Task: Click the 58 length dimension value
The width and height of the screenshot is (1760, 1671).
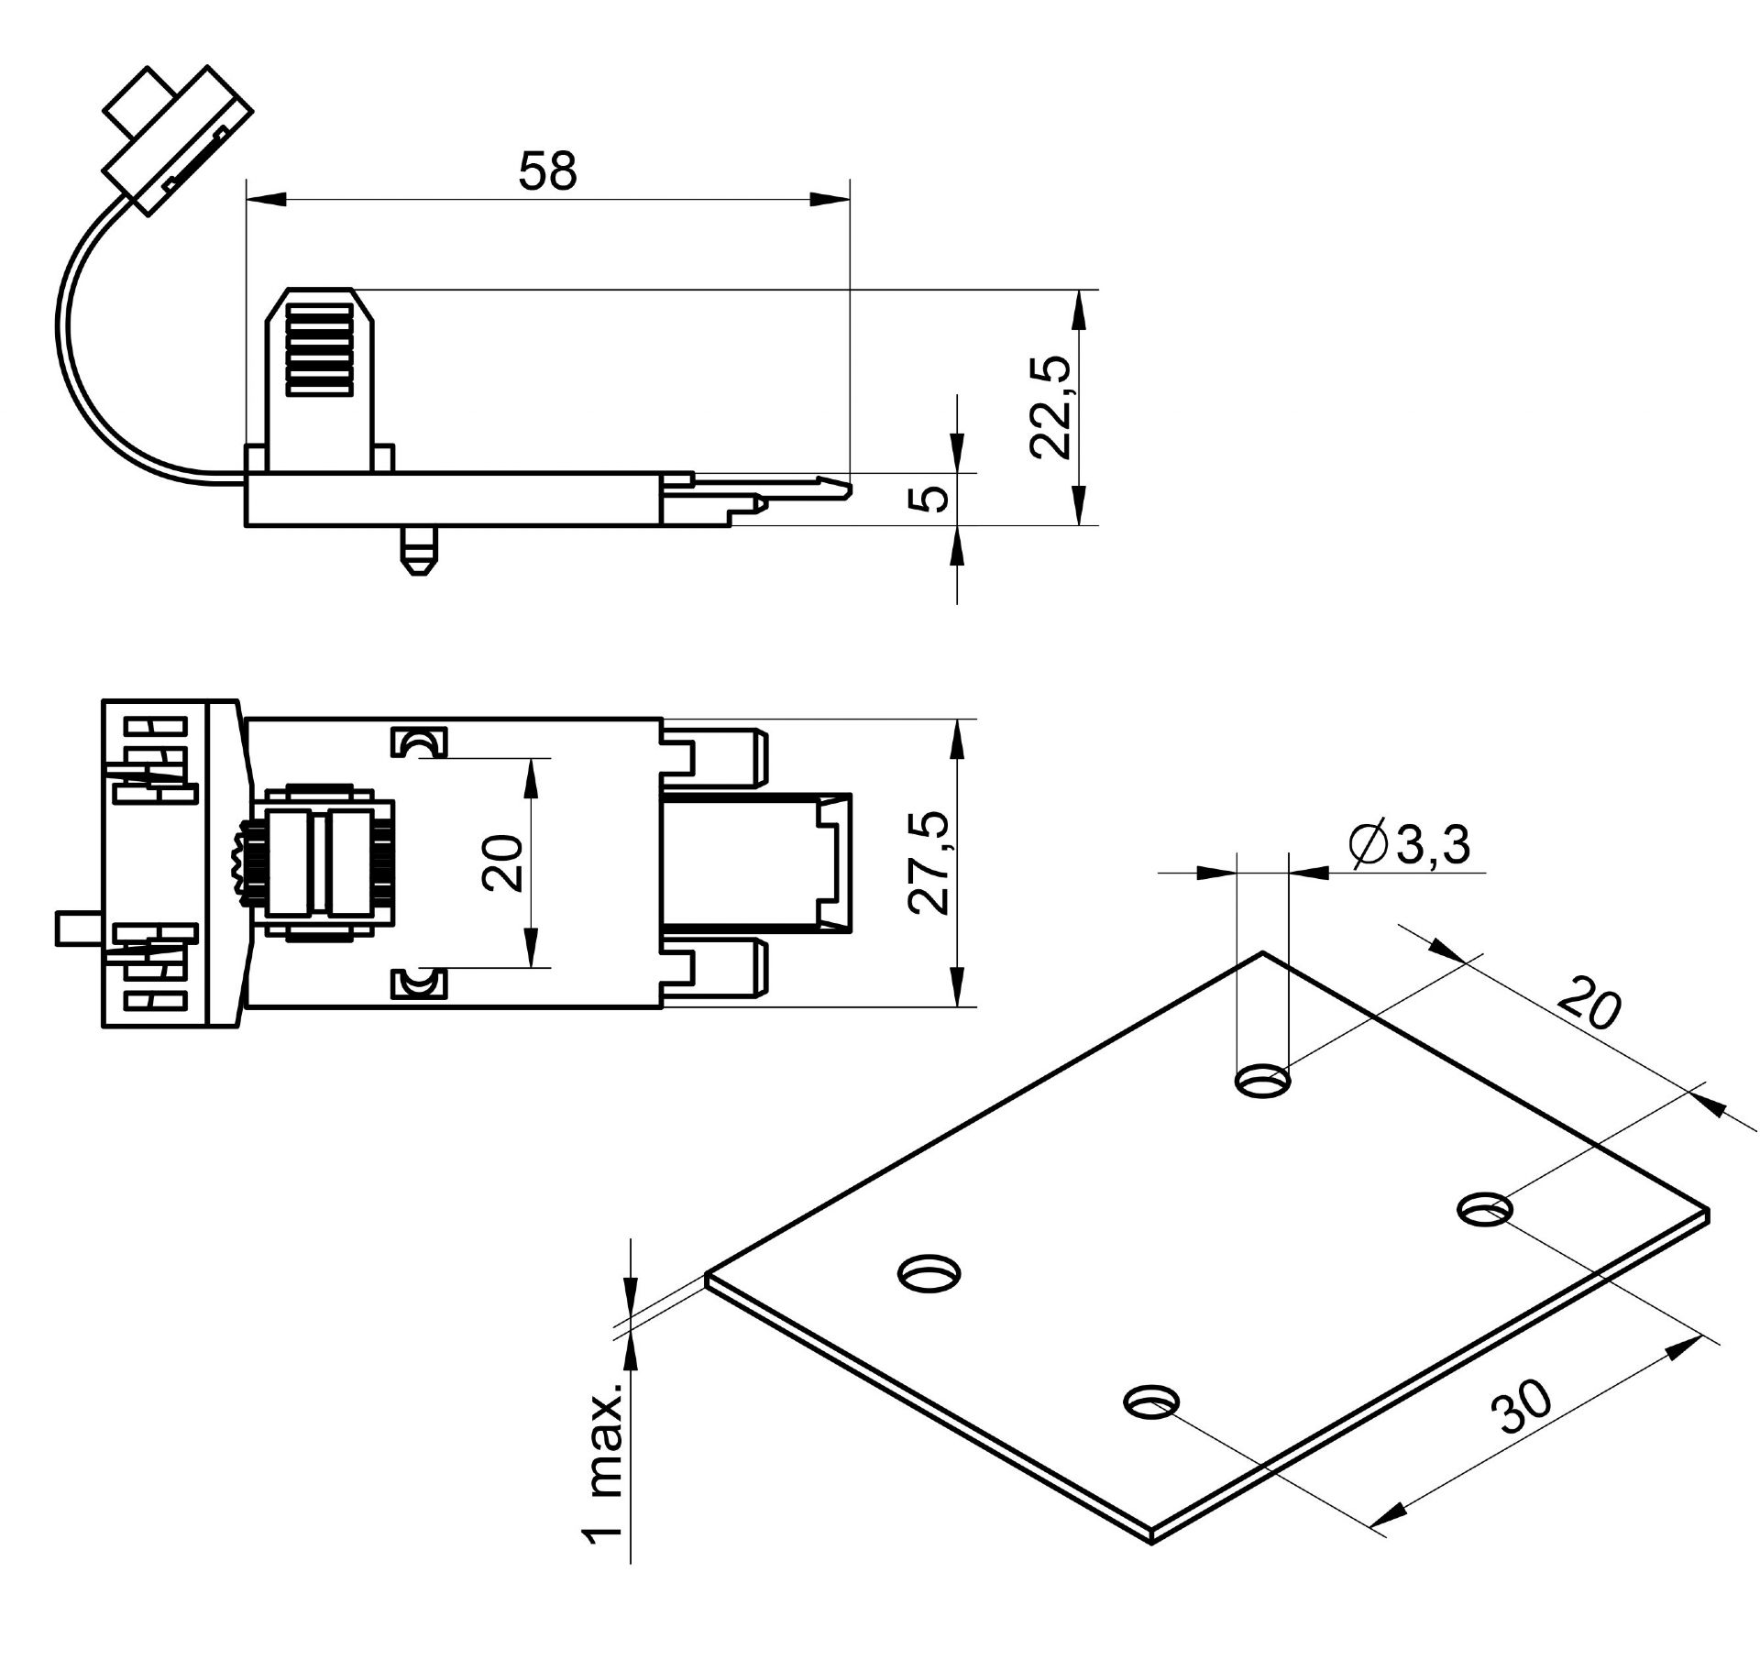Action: click(x=547, y=170)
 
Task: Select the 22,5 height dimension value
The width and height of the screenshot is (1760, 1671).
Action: click(x=1050, y=406)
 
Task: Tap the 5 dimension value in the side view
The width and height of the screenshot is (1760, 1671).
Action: click(x=932, y=500)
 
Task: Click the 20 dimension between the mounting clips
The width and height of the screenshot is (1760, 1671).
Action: click(x=503, y=863)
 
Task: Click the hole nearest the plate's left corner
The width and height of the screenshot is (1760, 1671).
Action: click(x=929, y=1275)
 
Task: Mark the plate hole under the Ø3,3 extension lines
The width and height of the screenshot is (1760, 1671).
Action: click(x=1263, y=1083)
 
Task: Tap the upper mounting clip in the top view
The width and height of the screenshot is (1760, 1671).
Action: click(x=419, y=742)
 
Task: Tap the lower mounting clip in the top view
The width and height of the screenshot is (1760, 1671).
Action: click(x=419, y=984)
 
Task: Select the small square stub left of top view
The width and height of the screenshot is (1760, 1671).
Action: click(x=79, y=928)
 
